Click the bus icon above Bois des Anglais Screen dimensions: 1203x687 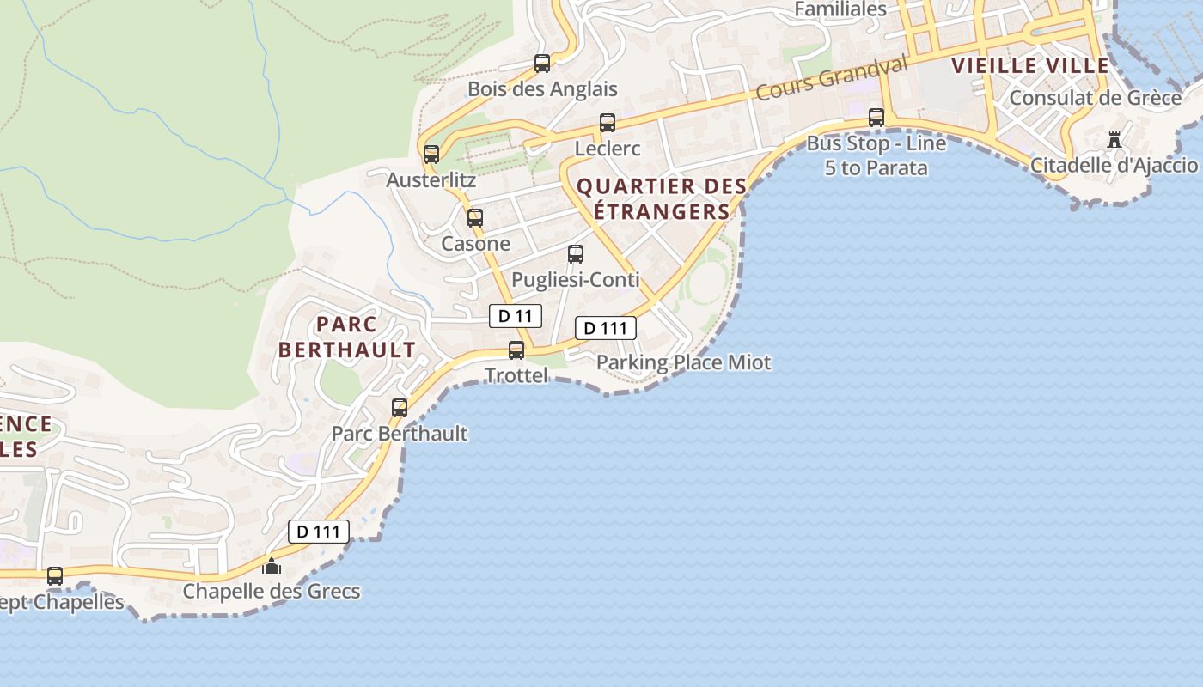click(542, 63)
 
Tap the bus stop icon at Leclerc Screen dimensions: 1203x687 click(608, 122)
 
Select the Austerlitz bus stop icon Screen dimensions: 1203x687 click(431, 155)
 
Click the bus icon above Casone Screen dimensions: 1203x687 click(475, 217)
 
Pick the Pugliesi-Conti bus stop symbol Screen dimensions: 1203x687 click(576, 254)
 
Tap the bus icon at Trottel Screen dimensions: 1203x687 click(516, 350)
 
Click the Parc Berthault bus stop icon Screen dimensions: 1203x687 click(400, 407)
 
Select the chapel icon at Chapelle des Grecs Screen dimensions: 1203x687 click(272, 566)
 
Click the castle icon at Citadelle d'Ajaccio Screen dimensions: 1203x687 click(1114, 139)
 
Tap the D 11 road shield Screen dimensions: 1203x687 click(516, 316)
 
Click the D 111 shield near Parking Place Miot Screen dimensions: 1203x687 click(605, 328)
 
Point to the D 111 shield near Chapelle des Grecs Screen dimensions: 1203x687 click(318, 532)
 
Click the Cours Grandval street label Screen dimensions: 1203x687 click(831, 79)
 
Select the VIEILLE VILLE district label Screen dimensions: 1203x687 click(1030, 65)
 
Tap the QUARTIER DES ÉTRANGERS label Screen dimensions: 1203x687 click(661, 198)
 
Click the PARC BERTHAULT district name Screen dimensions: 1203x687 click(347, 337)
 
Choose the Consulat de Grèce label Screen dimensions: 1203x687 click(1095, 98)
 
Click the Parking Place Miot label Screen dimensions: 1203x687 click(684, 362)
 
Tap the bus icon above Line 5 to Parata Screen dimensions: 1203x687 click(876, 117)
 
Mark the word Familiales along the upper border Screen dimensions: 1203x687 click(840, 9)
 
